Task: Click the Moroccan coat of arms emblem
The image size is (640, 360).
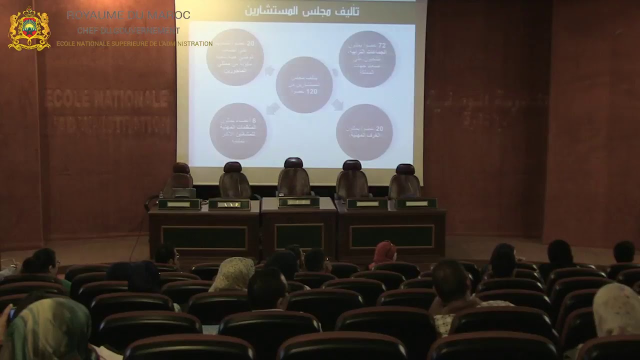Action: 29,29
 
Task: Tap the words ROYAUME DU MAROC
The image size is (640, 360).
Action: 128,15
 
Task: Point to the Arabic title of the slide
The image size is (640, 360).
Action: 301,10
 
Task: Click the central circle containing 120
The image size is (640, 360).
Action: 304,84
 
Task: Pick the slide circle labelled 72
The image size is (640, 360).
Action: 367,59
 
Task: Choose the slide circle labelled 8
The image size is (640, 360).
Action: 238,131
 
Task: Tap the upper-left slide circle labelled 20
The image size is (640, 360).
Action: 235,57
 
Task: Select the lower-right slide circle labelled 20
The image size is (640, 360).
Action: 364,132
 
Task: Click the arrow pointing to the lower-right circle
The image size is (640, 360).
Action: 338,104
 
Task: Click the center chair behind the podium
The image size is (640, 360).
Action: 293,178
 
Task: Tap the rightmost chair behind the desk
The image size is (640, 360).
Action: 404,181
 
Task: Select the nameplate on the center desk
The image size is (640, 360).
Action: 298,202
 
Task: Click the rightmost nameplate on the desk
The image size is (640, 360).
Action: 416,203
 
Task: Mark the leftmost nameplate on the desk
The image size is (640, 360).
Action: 179,204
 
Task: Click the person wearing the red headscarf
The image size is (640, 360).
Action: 384,252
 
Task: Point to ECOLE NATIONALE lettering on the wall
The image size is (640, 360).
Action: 108,98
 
